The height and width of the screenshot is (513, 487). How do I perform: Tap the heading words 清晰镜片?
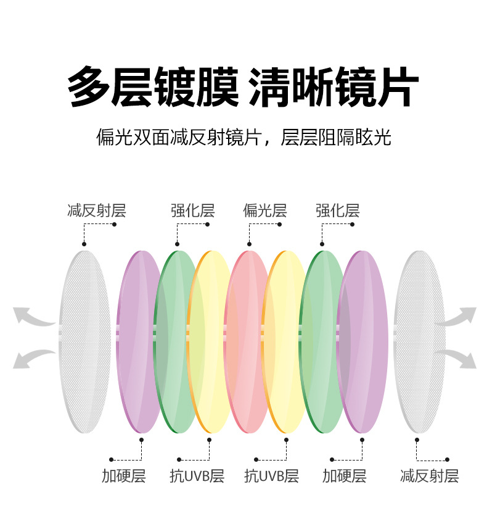(334, 88)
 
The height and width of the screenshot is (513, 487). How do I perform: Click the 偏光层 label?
(265, 211)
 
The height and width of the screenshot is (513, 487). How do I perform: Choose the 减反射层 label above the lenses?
(96, 211)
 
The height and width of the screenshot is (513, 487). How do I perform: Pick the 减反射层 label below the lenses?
(429, 476)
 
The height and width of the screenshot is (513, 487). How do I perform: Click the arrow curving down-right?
(457, 358)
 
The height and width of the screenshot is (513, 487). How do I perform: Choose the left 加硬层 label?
(123, 476)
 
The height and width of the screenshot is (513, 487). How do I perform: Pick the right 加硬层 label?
(344, 476)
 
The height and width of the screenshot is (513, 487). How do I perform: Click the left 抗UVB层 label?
(197, 476)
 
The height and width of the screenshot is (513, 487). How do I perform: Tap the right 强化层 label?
(337, 211)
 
